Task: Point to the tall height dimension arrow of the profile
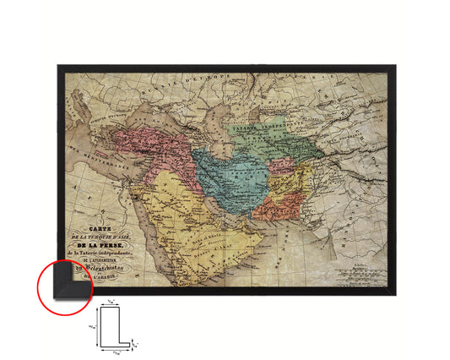(96, 325)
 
